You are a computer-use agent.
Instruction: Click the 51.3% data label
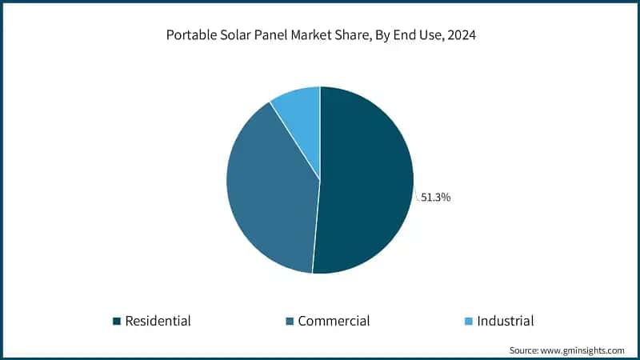click(x=436, y=197)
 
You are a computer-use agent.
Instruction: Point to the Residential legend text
click(x=158, y=321)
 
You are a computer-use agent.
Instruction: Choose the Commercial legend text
click(x=334, y=321)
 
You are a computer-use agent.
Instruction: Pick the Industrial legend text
click(x=505, y=321)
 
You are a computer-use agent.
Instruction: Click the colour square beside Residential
click(x=117, y=322)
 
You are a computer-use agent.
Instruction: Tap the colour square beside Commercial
click(x=290, y=322)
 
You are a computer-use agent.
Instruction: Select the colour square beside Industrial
click(x=469, y=322)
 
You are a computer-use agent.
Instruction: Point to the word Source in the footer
click(x=525, y=350)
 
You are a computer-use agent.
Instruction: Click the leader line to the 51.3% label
click(x=417, y=195)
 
